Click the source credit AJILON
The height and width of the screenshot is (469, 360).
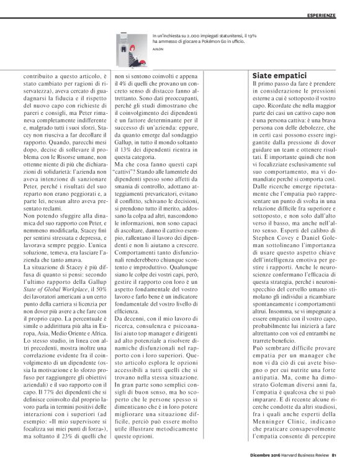click(158, 51)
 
